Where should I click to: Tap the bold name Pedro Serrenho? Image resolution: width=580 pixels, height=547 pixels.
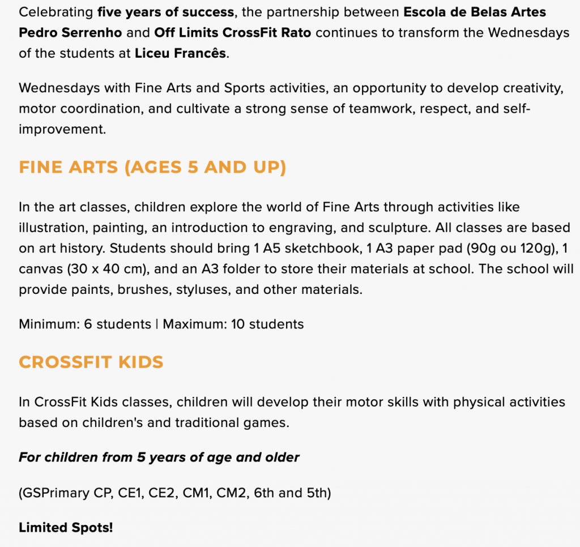[x=70, y=32]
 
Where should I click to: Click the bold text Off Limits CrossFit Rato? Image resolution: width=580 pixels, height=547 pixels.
[x=233, y=32]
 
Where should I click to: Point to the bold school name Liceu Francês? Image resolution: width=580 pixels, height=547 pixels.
[x=180, y=54]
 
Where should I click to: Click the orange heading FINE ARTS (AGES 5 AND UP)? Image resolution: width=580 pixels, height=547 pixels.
[x=152, y=168]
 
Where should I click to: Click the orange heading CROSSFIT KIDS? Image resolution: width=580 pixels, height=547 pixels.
[x=91, y=362]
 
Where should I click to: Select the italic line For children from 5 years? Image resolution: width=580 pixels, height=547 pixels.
[x=159, y=457]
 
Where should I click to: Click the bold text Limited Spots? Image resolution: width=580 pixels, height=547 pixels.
[x=66, y=528]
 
